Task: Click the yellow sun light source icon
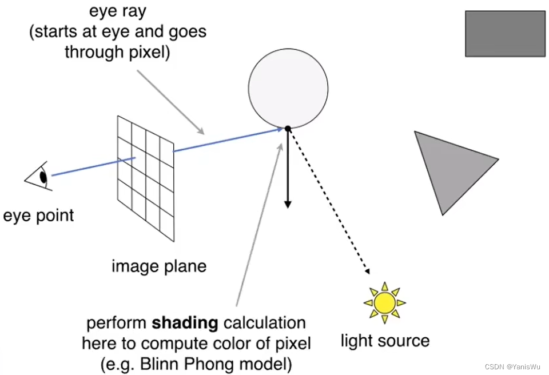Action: click(385, 302)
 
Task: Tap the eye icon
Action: click(40, 175)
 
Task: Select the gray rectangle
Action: click(505, 34)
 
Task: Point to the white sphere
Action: click(288, 89)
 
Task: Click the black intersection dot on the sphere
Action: click(288, 129)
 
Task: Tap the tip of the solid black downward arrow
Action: click(288, 206)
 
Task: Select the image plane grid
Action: click(146, 177)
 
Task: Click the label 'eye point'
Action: click(38, 216)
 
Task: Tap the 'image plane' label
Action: click(159, 266)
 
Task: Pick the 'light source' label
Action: click(385, 341)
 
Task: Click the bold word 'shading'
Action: click(185, 324)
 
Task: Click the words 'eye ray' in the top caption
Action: click(118, 11)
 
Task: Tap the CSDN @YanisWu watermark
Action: click(513, 366)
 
